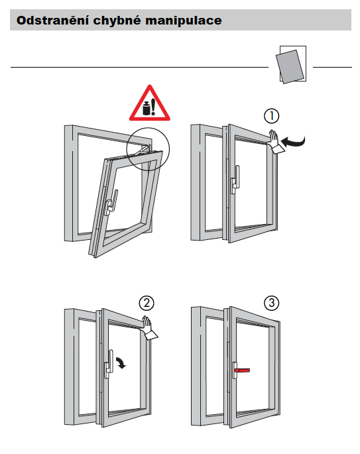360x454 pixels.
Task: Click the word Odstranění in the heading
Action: pyautogui.click(x=52, y=21)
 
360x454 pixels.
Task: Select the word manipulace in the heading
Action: pyautogui.click(x=184, y=21)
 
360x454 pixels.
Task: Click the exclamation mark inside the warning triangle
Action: pyautogui.click(x=153, y=107)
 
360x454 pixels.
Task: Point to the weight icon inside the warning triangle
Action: pyautogui.click(x=147, y=108)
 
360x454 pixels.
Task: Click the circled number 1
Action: pyautogui.click(x=271, y=116)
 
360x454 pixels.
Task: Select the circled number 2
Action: pyautogui.click(x=147, y=303)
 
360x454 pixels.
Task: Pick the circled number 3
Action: pyautogui.click(x=271, y=303)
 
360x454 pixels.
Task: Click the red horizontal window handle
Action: pyautogui.click(x=242, y=370)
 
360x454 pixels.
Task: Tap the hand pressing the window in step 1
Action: pyautogui.click(x=274, y=142)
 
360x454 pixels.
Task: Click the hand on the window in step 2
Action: pyautogui.click(x=149, y=328)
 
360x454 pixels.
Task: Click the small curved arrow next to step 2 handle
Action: pyautogui.click(x=121, y=363)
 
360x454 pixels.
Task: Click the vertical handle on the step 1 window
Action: pyautogui.click(x=235, y=180)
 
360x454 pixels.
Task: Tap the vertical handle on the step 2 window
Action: pyautogui.click(x=109, y=364)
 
